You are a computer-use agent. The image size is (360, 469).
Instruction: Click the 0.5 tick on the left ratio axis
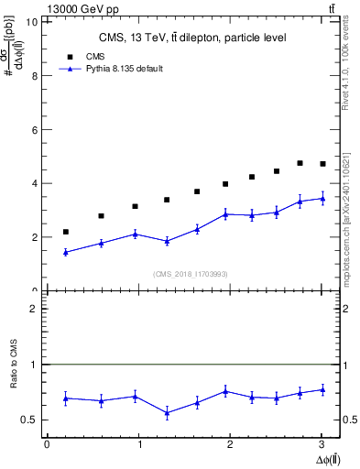31,420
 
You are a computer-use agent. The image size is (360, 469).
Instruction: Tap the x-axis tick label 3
322,445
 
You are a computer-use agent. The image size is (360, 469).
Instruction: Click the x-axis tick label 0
47,445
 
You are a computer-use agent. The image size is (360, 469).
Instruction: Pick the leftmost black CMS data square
65,232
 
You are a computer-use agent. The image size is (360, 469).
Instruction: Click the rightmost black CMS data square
322,164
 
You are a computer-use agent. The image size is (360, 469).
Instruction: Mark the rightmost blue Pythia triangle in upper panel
322,198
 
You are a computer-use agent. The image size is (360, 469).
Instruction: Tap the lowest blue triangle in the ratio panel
167,413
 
